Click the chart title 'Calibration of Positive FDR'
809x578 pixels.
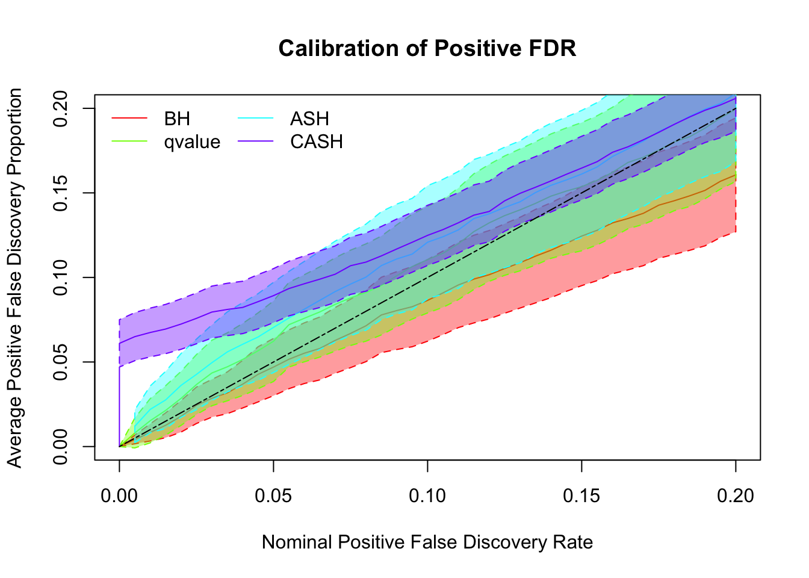427,48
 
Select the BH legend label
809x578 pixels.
177,119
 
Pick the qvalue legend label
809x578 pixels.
192,142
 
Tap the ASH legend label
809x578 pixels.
309,119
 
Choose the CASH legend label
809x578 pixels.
317,142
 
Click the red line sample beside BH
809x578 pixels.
129,119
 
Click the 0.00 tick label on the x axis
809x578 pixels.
119,496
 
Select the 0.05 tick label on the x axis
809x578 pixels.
273,496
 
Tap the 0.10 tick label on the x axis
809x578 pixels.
427,496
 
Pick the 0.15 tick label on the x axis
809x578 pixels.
581,496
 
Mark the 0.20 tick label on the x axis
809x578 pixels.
736,496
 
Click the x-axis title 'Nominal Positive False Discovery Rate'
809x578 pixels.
427,542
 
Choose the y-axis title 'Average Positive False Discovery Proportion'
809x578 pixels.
15,278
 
